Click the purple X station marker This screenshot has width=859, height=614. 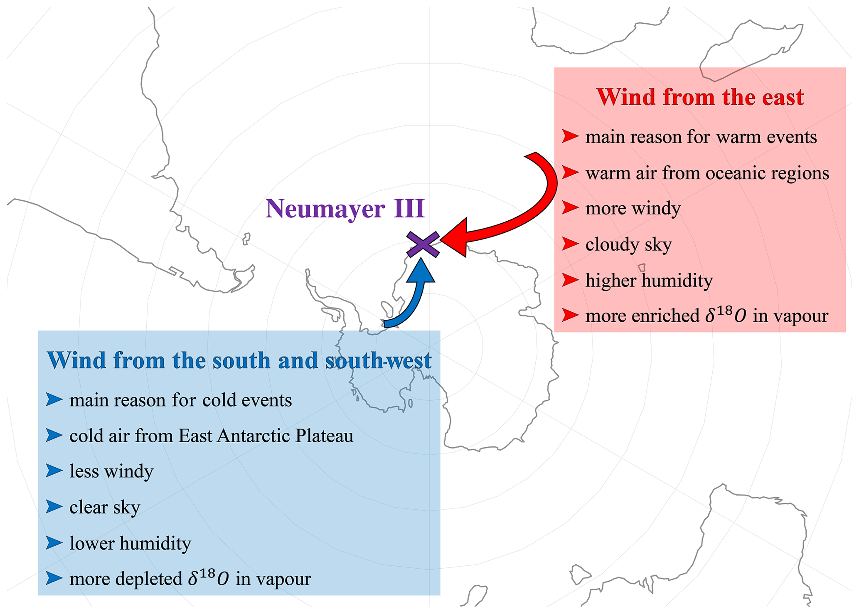[x=423, y=244]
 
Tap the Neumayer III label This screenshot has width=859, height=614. [x=345, y=208]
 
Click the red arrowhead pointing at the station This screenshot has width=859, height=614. [x=454, y=238]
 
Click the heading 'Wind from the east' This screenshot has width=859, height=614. [x=700, y=97]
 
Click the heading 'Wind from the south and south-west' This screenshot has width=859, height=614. [x=239, y=360]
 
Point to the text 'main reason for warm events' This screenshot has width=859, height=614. [x=701, y=137]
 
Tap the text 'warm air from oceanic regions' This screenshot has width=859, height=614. [x=707, y=173]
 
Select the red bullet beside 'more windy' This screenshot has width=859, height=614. [x=570, y=207]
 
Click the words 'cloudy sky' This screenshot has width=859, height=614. [x=628, y=244]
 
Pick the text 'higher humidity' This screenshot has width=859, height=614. [x=649, y=281]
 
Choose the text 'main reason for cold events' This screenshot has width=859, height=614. [x=181, y=400]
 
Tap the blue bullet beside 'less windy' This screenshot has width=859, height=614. [x=54, y=471]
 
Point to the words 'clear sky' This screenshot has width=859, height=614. [x=105, y=507]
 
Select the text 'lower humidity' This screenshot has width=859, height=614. [x=130, y=543]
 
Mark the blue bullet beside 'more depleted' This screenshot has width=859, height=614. [x=54, y=578]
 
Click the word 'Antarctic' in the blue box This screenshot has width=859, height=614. [x=254, y=436]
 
